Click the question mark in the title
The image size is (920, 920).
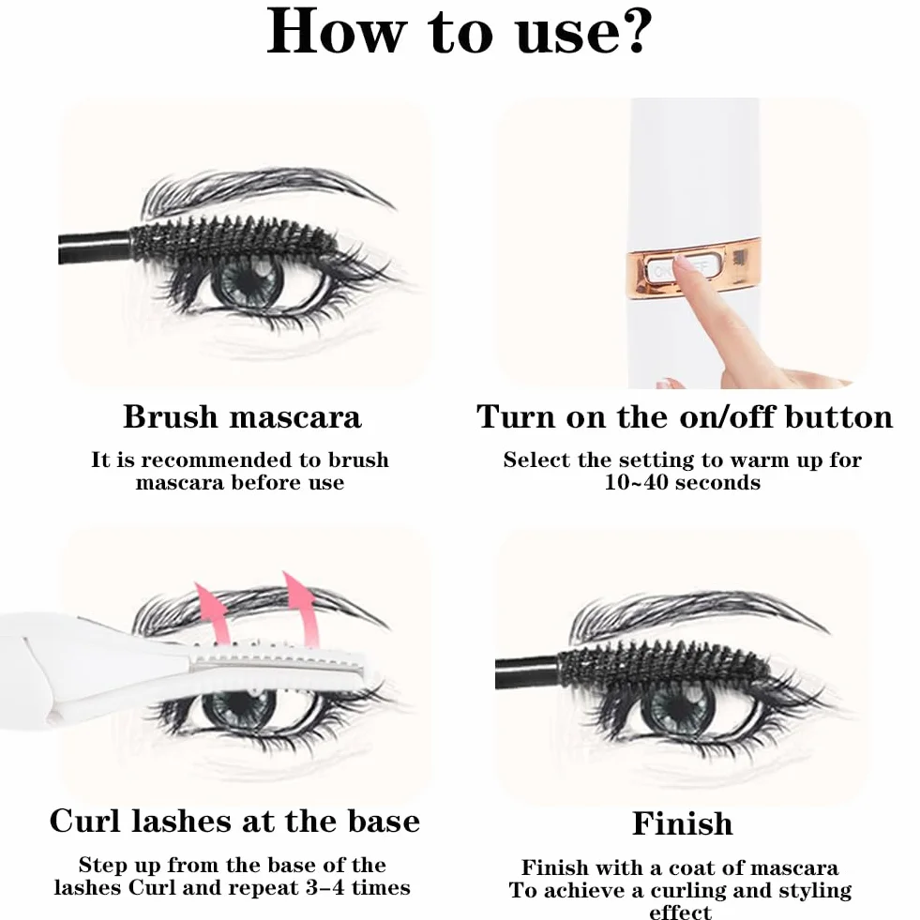(x=635, y=31)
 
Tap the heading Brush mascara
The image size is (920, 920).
(x=242, y=416)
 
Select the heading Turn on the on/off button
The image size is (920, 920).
(x=684, y=416)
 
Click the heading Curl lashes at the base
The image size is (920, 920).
(x=234, y=821)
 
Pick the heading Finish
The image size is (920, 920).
(x=683, y=822)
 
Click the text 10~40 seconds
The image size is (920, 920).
(x=683, y=482)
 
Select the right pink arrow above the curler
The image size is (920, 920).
(x=300, y=609)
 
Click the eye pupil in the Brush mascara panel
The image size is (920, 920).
(x=248, y=280)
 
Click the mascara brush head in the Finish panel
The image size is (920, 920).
(x=663, y=665)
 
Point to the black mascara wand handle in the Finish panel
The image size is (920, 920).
(x=527, y=672)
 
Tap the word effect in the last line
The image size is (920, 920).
(x=680, y=912)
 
